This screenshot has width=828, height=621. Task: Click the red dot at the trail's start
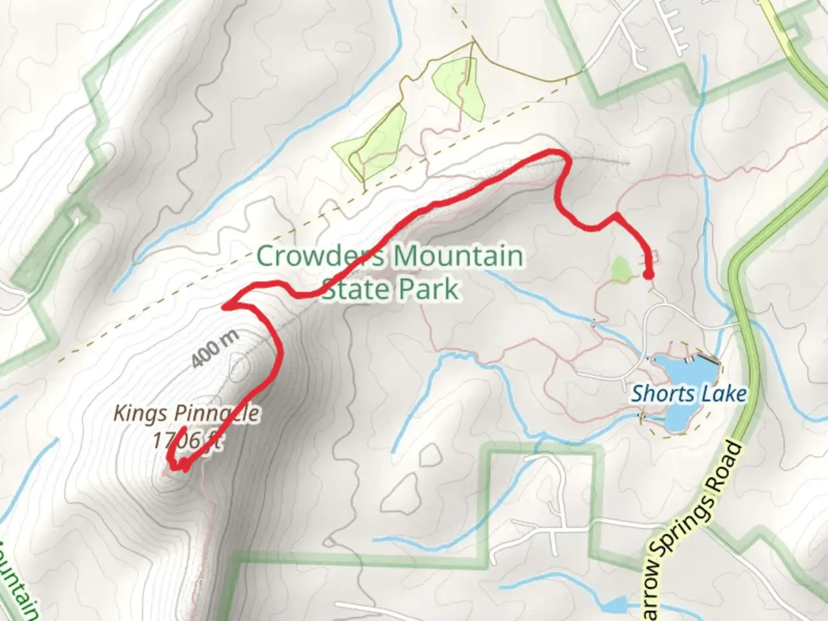pos(648,275)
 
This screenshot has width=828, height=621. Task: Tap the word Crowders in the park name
pos(320,256)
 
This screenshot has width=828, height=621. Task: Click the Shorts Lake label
pos(688,394)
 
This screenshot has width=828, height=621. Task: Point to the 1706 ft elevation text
pos(187,440)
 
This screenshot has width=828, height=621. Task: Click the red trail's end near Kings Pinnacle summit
pos(183,429)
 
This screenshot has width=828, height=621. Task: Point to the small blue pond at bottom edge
pos(615,605)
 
